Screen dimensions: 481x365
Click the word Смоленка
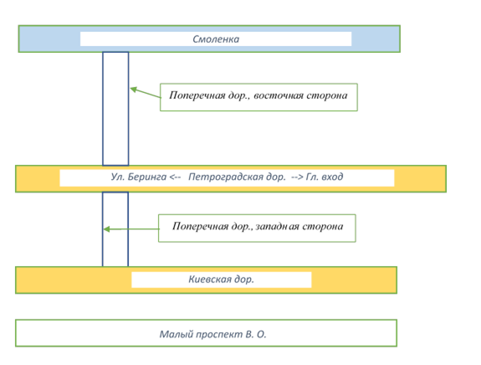[x=216, y=39]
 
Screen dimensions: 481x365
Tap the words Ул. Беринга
[x=139, y=177]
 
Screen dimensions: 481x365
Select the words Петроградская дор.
[x=237, y=177]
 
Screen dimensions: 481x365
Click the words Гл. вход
[x=325, y=177]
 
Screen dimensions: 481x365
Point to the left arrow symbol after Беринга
[x=175, y=177]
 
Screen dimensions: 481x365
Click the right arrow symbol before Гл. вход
[x=297, y=177]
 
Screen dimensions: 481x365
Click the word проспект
[x=219, y=334]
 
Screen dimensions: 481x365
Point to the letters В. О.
[x=256, y=334]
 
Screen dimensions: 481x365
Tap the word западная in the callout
[x=278, y=227]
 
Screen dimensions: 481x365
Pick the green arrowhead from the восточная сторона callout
[x=133, y=90]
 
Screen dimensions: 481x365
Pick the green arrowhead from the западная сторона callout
[x=106, y=229]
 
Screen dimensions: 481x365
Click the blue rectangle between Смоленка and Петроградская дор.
[x=115, y=109]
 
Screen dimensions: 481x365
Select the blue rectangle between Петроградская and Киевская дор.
[x=115, y=229]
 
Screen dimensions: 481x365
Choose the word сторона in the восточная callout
[x=327, y=95]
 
